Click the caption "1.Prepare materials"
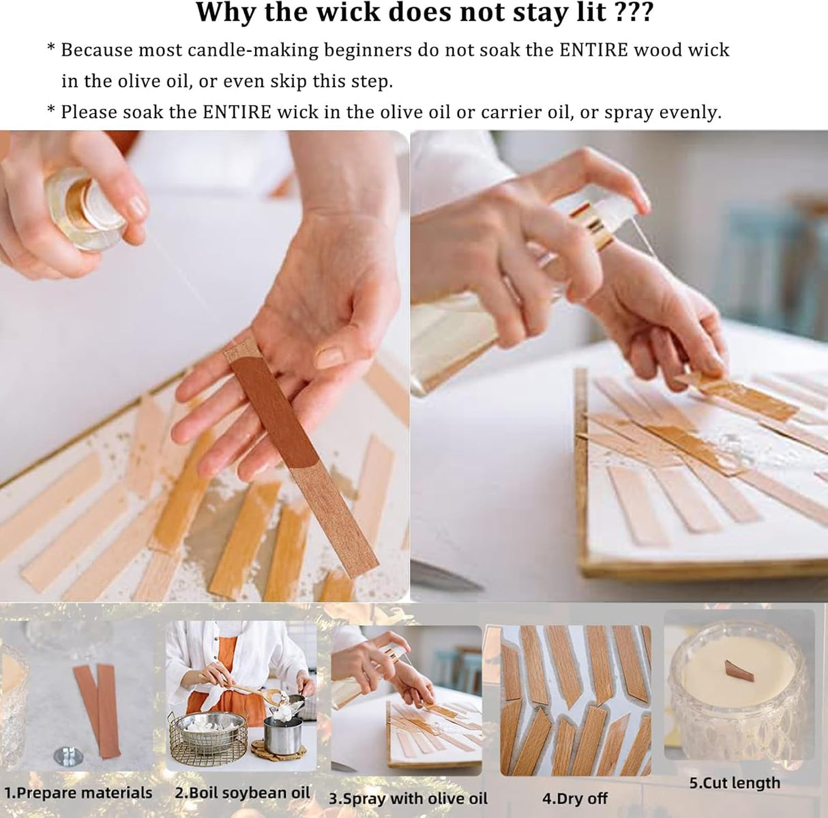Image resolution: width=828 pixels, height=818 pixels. (78, 793)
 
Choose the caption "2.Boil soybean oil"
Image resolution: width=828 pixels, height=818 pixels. (242, 793)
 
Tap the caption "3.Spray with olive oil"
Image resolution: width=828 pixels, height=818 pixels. (408, 798)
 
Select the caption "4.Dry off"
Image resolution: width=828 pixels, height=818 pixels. (575, 798)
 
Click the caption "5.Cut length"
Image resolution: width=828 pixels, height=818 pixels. (735, 783)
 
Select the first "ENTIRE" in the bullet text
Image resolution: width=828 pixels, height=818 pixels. (593, 50)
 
